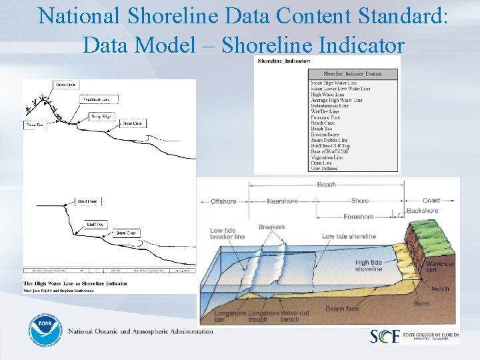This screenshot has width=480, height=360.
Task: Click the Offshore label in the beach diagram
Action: point(223,201)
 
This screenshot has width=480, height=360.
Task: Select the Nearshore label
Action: point(282,201)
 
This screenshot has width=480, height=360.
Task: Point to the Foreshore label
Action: point(359,217)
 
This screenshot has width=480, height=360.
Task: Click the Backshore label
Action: point(423,211)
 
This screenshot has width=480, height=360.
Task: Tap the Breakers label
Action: point(271,227)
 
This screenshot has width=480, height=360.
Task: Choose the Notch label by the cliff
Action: point(441,289)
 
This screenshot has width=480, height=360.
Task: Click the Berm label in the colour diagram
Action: point(421,303)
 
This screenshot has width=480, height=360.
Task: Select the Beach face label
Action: point(342,309)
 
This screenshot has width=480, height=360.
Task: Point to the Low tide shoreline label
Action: point(349,236)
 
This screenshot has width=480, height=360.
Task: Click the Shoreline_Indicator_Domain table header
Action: point(353,73)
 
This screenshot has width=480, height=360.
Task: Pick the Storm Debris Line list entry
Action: point(329,141)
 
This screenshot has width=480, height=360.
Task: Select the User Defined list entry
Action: point(325,168)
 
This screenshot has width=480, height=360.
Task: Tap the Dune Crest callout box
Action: point(65,85)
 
